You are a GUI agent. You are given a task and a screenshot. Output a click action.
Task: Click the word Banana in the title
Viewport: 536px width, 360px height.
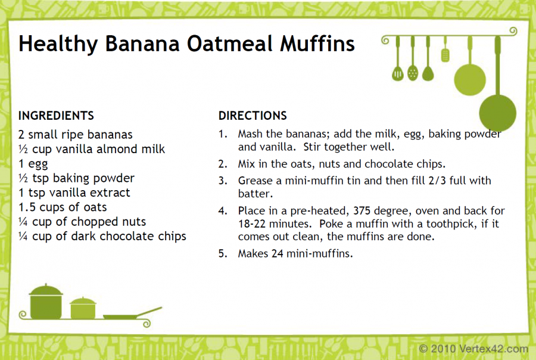point(142,44)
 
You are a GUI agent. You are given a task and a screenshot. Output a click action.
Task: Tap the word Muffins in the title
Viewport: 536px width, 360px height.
point(317,44)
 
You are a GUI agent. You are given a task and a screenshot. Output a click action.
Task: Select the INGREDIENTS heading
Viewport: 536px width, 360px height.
point(56,116)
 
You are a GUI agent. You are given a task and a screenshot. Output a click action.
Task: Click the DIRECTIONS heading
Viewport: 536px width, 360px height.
point(253,116)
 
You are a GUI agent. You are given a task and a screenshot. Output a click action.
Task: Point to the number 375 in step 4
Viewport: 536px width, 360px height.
point(362,210)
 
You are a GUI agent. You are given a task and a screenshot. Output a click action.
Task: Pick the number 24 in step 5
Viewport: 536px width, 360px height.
point(277,253)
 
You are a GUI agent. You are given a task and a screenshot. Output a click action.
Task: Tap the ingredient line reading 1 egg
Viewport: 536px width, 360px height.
point(33,164)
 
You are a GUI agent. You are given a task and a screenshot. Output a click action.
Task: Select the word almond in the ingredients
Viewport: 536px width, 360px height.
point(116,149)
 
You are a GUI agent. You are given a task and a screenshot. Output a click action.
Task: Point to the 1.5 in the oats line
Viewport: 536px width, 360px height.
point(27,207)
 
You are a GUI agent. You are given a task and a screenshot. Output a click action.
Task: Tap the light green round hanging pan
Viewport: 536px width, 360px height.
point(470,80)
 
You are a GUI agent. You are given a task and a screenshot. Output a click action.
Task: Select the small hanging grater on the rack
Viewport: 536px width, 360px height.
point(445,55)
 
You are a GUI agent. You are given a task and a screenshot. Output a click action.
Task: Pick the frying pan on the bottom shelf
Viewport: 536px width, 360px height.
point(132,314)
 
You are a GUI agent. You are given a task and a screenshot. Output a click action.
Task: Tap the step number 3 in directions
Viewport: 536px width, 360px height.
point(223,181)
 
